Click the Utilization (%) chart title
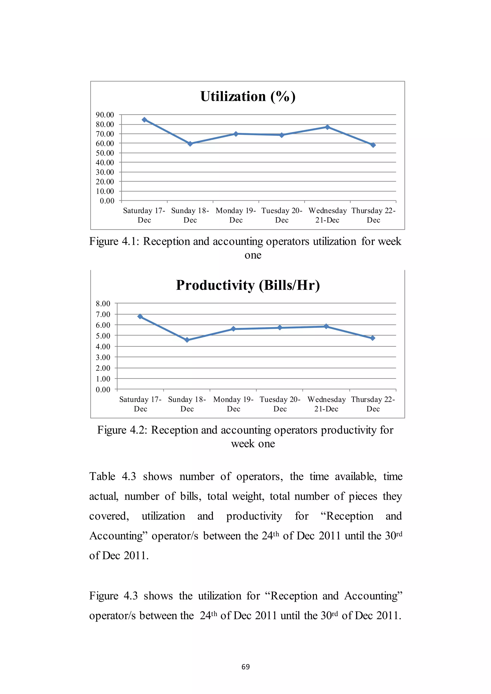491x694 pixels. [248, 96]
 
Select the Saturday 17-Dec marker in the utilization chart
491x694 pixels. [145, 120]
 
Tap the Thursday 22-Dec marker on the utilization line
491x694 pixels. [373, 145]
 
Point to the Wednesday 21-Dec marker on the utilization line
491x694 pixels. [327, 127]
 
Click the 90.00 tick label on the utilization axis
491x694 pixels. [105, 115]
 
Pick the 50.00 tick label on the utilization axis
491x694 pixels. [105, 153]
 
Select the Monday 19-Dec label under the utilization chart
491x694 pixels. [236, 215]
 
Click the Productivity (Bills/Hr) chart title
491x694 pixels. [248, 285]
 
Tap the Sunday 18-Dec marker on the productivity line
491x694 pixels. [187, 340]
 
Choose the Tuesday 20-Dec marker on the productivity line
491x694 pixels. [280, 328]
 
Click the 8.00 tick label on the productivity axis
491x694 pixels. [103, 303]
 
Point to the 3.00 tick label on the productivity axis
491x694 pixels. [103, 357]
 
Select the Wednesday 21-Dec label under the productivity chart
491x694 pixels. [327, 404]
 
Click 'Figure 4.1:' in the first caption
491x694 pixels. [114, 242]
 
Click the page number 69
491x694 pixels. [245, 667]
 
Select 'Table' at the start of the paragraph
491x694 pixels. [102, 477]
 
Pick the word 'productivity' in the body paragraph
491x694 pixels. [254, 516]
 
